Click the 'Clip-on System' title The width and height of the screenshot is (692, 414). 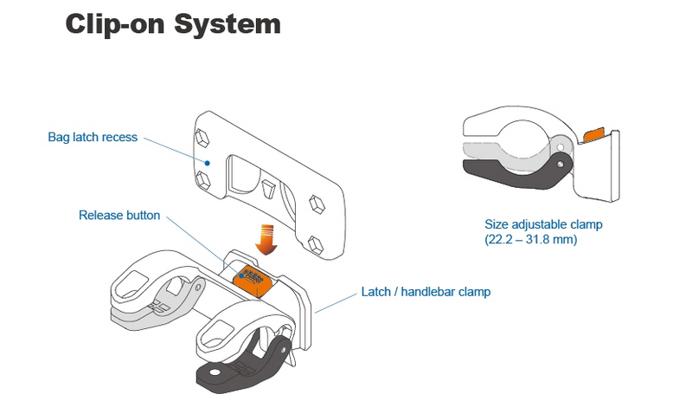click(173, 23)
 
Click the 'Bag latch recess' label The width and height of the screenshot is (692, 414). click(93, 137)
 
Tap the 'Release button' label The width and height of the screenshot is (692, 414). click(119, 215)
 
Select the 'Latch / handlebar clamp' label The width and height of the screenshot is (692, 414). click(425, 292)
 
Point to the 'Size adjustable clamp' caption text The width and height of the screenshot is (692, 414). click(544, 224)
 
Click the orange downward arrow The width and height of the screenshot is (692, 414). click(267, 238)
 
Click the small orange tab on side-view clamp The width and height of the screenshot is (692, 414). click(595, 135)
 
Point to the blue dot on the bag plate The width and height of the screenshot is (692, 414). click(208, 161)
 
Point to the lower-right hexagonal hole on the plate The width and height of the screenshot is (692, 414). click(317, 204)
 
